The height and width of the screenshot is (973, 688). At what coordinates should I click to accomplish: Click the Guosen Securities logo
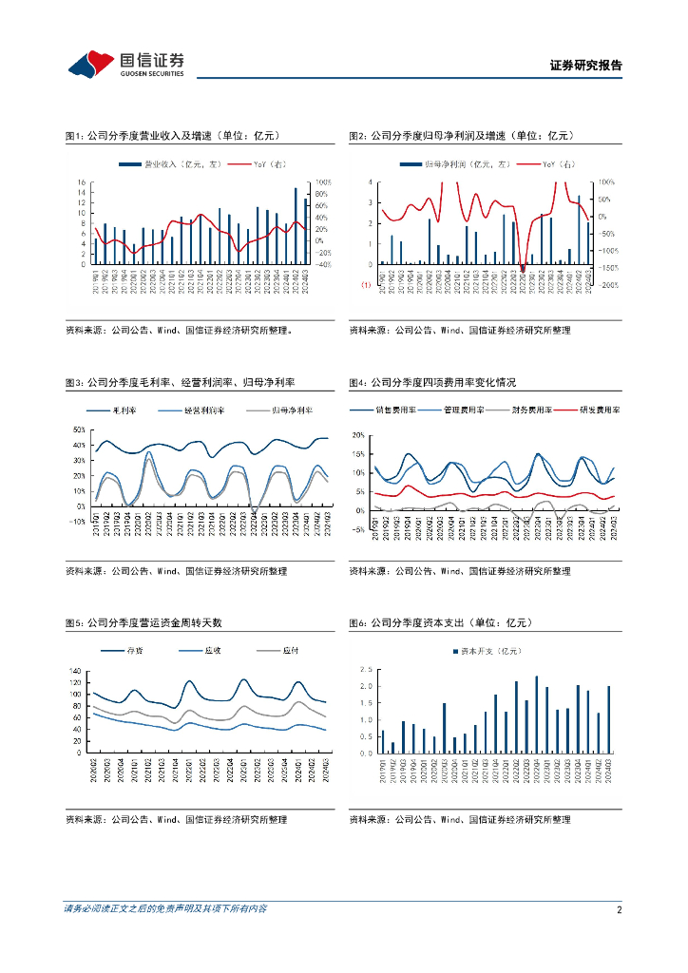125,64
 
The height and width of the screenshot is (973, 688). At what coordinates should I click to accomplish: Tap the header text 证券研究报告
586,66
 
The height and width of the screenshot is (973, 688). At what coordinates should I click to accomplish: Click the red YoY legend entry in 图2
545,165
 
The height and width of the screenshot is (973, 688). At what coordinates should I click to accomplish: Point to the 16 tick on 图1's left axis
82,181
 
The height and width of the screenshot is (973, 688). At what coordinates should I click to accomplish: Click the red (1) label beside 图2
365,284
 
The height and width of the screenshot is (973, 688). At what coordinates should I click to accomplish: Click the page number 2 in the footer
619,909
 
